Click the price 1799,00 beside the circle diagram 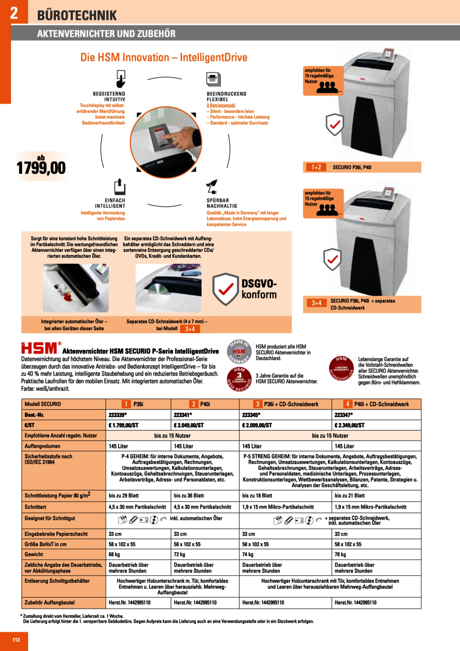coord(41,168)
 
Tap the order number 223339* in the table coord(118,415)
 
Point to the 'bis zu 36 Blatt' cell coord(189,496)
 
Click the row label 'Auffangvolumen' coord(42,446)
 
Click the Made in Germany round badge coord(239,352)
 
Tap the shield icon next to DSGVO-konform coord(226,289)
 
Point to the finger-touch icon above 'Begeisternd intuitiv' coord(121,79)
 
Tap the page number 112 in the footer coord(16,640)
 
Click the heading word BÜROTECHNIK coord(77,15)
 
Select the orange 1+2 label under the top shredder coord(316,167)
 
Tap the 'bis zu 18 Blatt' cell coord(257,496)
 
